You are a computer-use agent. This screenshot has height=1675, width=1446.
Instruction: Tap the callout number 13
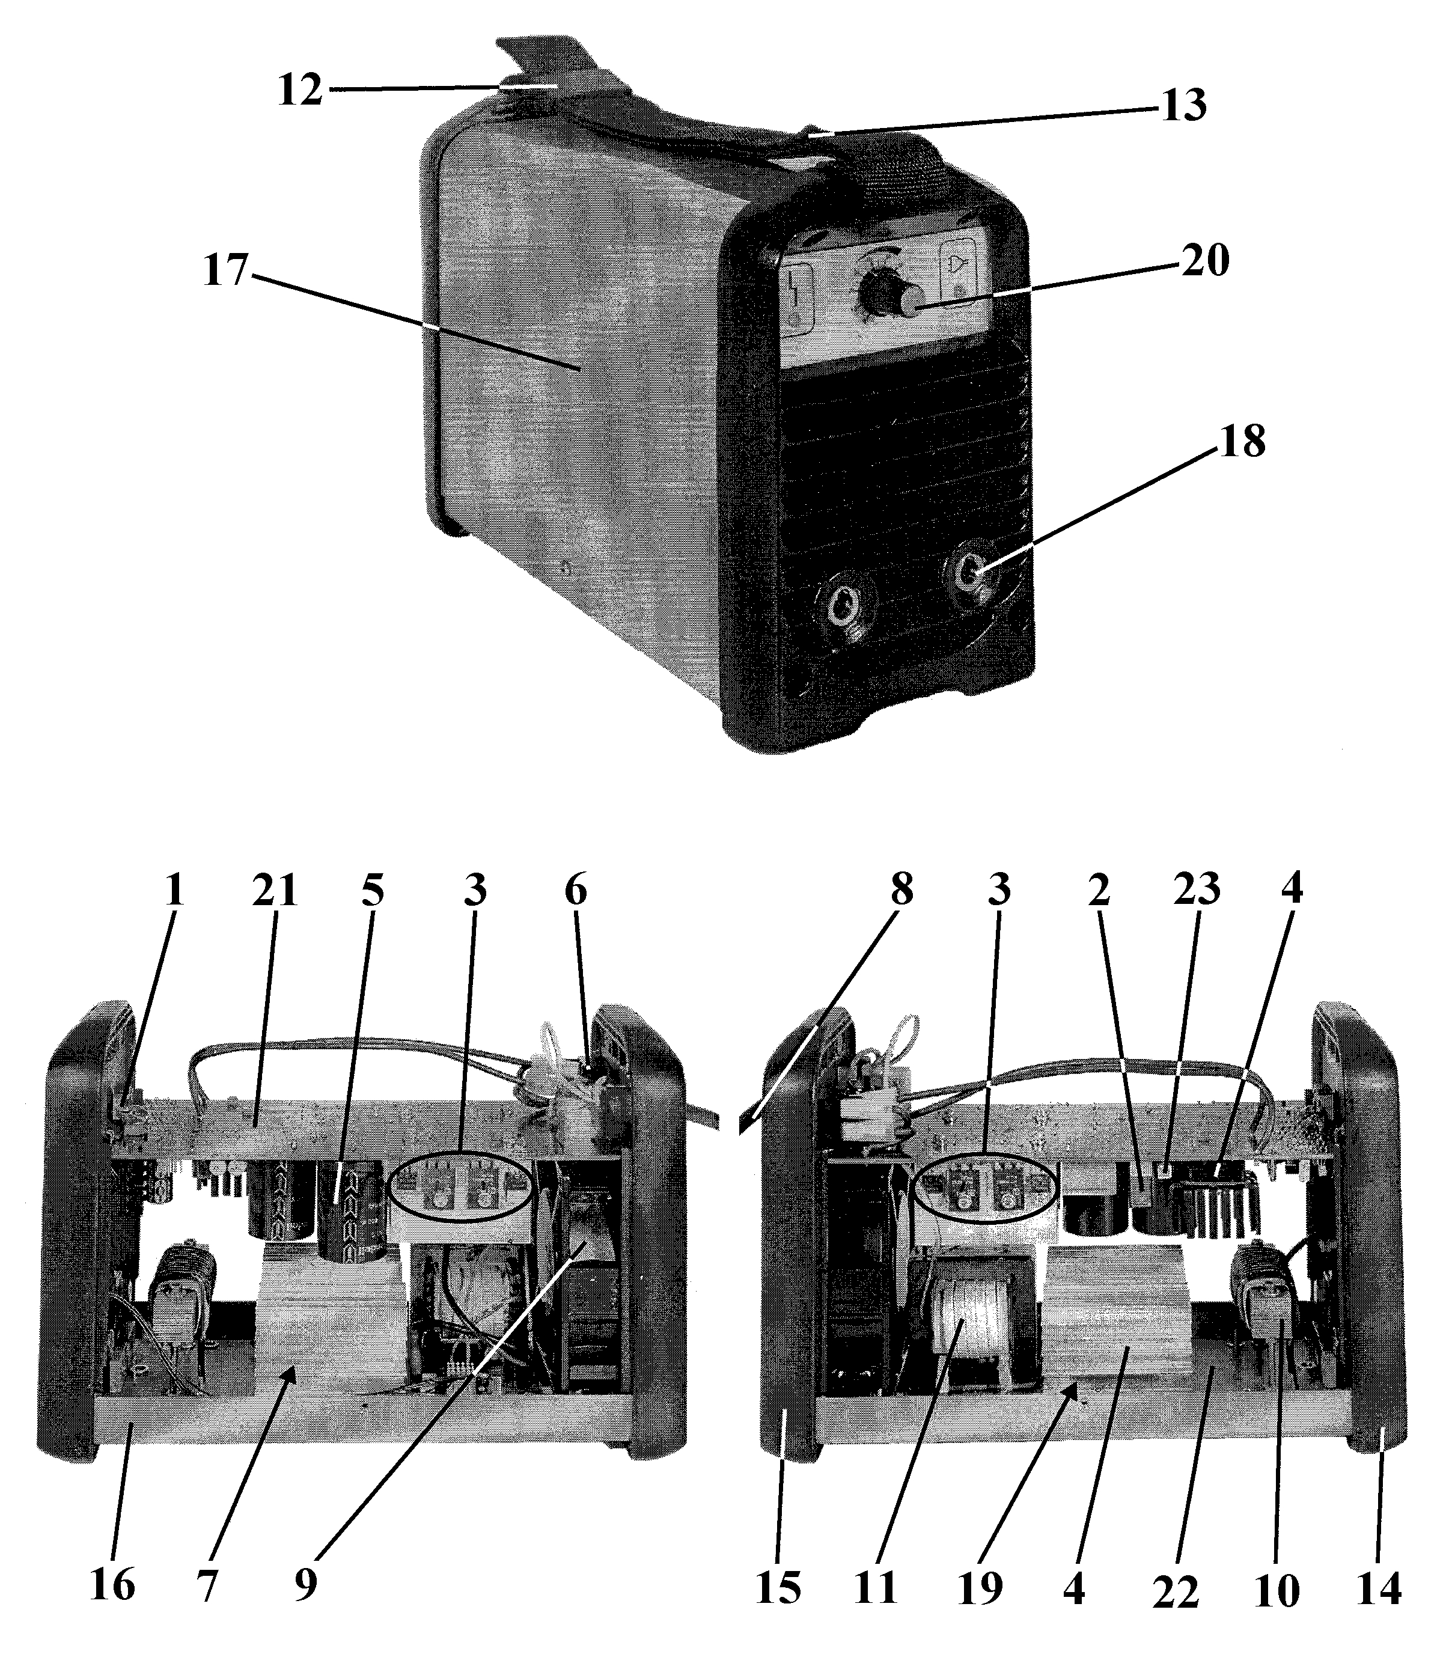point(1183,105)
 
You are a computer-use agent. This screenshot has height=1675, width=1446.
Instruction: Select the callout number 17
point(225,270)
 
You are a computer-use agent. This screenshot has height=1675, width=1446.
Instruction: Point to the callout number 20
point(1205,261)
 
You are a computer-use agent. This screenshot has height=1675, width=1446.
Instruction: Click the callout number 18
point(1242,442)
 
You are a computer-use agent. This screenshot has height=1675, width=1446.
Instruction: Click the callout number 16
point(112,1584)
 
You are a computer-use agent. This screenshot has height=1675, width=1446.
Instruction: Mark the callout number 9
point(305,1584)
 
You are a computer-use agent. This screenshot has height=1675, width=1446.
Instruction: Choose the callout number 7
point(207,1584)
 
